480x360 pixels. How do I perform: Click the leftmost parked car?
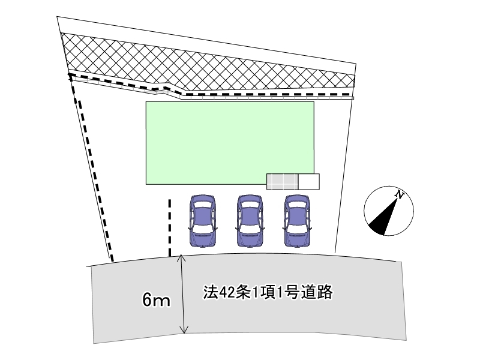click(202, 220)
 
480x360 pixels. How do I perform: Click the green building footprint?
click(230, 142)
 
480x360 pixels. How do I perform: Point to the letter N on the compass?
click(399, 194)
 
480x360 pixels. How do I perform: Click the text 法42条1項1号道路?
click(268, 293)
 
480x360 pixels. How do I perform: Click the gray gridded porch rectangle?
click(282, 181)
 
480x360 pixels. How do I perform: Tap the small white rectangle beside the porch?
click(308, 181)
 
